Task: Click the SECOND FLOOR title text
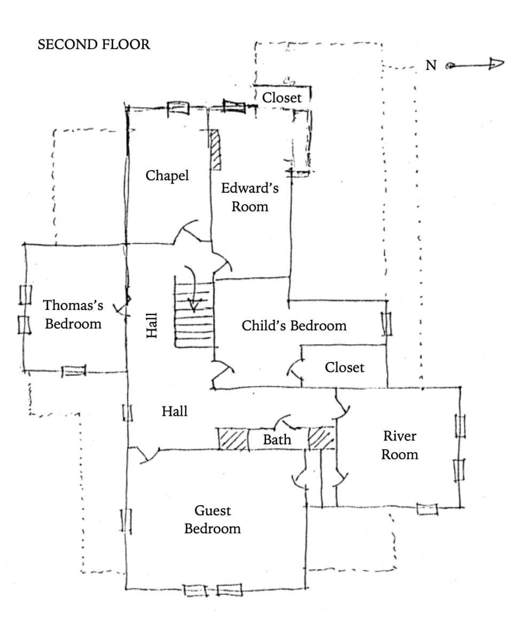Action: (94, 45)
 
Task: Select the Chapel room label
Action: (167, 176)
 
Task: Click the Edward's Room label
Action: (250, 197)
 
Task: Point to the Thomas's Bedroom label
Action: (73, 314)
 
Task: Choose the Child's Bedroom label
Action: (294, 325)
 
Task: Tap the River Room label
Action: (400, 445)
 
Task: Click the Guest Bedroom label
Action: (212, 520)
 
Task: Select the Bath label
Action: (277, 440)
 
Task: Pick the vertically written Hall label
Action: (152, 325)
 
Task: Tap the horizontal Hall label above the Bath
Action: (175, 411)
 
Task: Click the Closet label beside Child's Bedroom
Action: (345, 368)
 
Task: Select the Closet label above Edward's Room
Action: (282, 98)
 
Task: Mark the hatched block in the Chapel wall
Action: (215, 150)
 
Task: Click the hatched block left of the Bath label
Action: (232, 439)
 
